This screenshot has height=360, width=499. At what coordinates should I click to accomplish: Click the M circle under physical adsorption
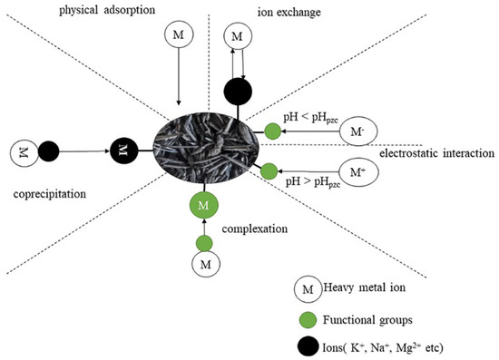click(x=178, y=35)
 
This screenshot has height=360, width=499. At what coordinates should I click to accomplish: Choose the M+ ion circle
click(x=354, y=171)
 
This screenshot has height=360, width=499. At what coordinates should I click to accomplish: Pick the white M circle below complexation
click(x=205, y=267)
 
